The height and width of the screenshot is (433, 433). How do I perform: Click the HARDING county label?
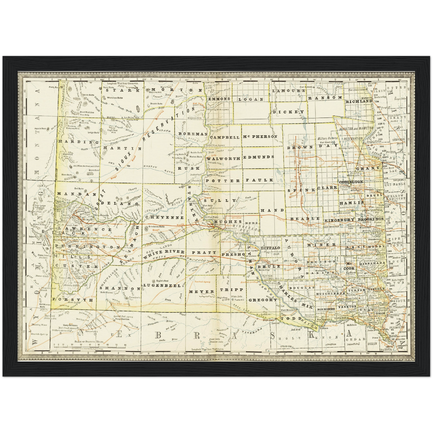[79, 142]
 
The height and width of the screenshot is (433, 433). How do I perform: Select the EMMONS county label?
[219, 99]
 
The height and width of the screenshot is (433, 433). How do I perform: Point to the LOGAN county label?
[251, 99]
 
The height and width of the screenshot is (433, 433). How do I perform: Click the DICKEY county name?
[286, 112]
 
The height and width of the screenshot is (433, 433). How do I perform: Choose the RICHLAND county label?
[359, 101]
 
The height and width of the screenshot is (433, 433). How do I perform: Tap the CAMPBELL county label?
[225, 137]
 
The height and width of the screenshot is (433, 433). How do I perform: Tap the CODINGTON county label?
[351, 182]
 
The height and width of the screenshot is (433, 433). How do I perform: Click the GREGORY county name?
[263, 300]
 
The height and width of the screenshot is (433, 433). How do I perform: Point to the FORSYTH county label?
[69, 299]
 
